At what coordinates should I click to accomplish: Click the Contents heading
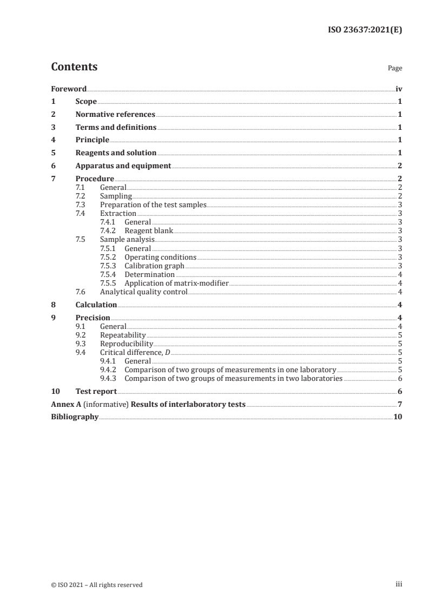74,67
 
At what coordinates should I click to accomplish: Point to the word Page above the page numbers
395,69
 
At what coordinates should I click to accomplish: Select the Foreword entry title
69,89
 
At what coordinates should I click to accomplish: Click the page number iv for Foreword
399,89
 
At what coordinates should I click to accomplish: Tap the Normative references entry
115,115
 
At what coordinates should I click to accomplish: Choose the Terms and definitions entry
116,128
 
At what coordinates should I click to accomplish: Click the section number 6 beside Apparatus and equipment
53,166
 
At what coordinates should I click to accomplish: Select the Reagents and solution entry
116,153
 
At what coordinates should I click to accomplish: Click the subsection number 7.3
80,205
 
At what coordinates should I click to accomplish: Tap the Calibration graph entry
154,266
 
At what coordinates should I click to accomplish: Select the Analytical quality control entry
143,292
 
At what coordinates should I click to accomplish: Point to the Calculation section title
96,305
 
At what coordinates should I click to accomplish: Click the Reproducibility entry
127,344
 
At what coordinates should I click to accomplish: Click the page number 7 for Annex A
400,404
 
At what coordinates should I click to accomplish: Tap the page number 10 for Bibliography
398,417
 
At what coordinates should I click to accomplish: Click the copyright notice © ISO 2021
97,584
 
